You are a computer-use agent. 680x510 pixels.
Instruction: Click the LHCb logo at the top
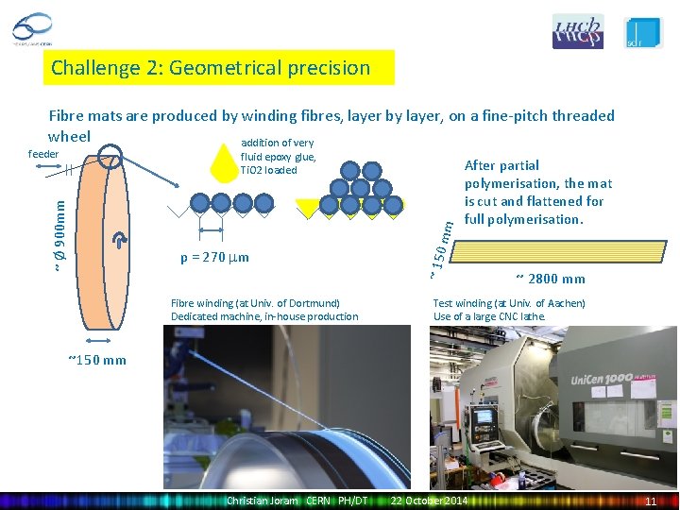click(577, 32)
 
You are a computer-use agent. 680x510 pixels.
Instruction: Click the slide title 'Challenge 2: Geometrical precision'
click(211, 68)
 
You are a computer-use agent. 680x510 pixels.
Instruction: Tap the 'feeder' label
click(43, 154)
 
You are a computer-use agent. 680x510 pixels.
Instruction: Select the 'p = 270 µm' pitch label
click(214, 257)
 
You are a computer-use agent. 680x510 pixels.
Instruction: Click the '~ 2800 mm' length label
click(551, 279)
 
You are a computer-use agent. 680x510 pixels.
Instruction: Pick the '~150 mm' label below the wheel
click(97, 360)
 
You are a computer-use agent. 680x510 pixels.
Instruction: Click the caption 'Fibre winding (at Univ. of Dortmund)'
click(255, 303)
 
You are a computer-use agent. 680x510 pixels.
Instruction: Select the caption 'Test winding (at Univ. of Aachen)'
click(509, 303)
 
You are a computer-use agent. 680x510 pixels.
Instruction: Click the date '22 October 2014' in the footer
click(429, 500)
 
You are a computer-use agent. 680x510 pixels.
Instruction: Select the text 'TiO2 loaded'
click(268, 171)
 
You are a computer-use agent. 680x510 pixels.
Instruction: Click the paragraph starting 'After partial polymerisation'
click(537, 193)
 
